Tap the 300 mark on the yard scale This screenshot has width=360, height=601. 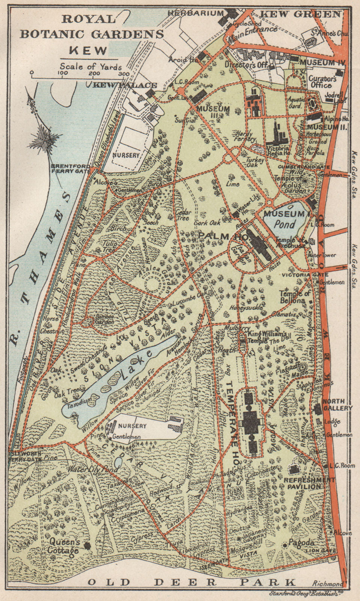point(124,74)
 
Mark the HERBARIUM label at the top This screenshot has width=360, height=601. point(195,13)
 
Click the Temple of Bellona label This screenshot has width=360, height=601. point(295,297)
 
